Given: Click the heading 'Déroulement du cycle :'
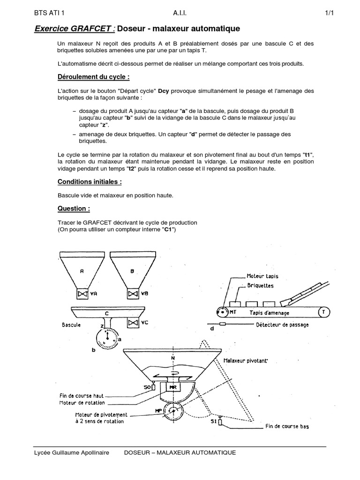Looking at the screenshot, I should (93, 77).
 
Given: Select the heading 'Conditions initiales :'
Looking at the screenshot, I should (90, 181).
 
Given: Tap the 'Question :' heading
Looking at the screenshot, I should (74, 208).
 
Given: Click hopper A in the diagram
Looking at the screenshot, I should (82, 270).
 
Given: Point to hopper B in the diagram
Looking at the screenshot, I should (132, 270).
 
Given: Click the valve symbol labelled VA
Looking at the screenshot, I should (82, 294).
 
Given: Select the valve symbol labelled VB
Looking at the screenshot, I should (132, 294).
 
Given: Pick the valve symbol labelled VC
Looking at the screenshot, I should (132, 322).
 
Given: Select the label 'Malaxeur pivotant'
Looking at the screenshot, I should (246, 361).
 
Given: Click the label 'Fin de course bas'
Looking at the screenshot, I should (287, 427).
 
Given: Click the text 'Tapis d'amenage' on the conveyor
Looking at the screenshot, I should (269, 313).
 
